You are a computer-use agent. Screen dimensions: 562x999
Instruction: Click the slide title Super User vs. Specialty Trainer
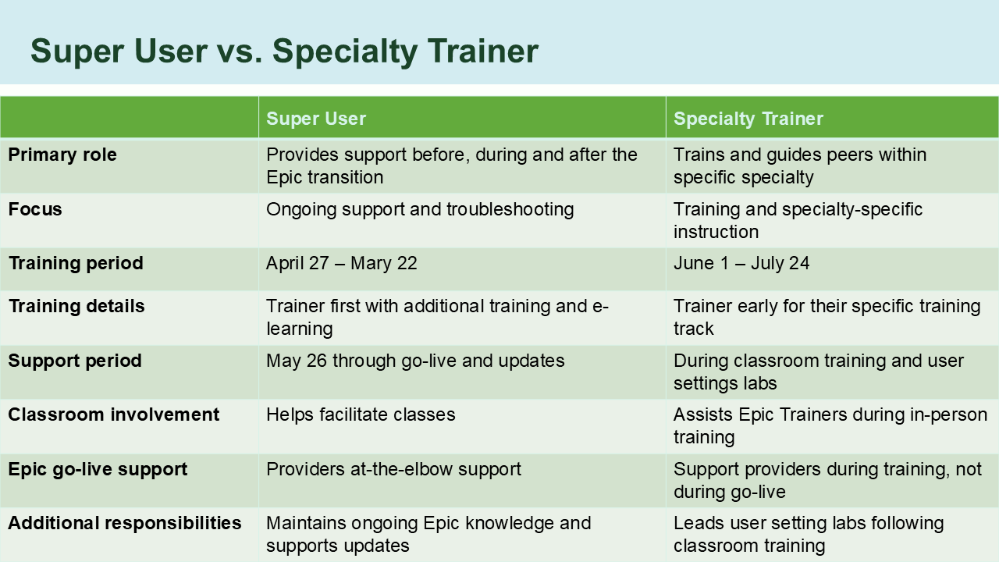point(284,52)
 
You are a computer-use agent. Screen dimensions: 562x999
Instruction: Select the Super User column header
point(316,119)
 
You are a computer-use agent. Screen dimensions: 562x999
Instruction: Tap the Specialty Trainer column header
point(748,119)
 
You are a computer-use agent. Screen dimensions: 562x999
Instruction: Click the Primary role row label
point(62,155)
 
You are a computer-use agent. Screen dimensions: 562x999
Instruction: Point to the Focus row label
point(35,209)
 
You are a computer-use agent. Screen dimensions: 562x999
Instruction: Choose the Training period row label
point(76,263)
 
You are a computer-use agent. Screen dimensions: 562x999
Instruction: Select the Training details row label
point(76,306)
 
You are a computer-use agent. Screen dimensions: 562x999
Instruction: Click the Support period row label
point(75,361)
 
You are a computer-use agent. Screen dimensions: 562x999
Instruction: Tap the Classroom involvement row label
point(114,414)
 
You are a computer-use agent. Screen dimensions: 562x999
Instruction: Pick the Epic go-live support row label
point(98,469)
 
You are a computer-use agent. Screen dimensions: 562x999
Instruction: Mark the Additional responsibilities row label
point(125,523)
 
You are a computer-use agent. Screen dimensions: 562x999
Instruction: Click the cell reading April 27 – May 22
point(342,264)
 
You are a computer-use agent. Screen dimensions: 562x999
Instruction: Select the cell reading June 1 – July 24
point(741,264)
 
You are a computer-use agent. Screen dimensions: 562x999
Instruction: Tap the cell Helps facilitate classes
point(361,414)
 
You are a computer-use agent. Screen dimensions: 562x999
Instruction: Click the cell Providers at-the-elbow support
point(393,469)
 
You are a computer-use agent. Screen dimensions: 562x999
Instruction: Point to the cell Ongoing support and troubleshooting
point(420,209)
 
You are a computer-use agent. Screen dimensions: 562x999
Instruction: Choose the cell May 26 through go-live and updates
point(415,361)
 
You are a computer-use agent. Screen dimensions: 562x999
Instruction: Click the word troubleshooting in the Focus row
point(510,209)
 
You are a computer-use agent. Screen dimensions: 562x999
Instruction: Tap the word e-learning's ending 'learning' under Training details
point(300,329)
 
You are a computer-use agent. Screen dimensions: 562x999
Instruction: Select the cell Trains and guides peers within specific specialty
point(799,165)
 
